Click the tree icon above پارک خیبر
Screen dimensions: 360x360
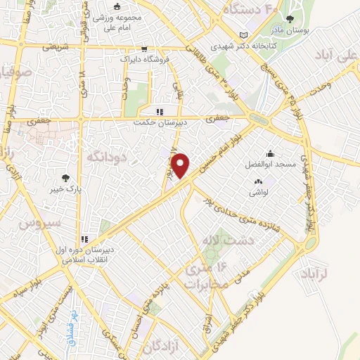pyautogui.click(x=66, y=179)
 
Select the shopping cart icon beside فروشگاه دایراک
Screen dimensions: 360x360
pyautogui.click(x=144, y=50)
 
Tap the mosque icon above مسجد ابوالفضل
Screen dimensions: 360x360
pyautogui.click(x=270, y=153)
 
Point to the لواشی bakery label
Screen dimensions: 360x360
pyautogui.click(x=257, y=192)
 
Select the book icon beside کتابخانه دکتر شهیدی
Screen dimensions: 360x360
pyautogui.click(x=243, y=34)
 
